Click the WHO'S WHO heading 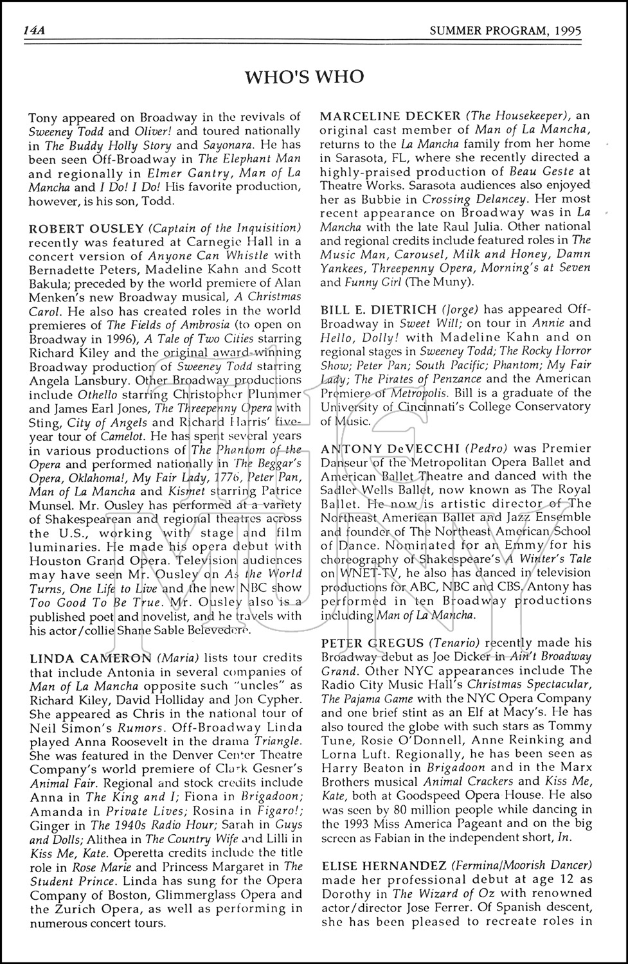click(304, 77)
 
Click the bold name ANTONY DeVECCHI click(388, 448)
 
